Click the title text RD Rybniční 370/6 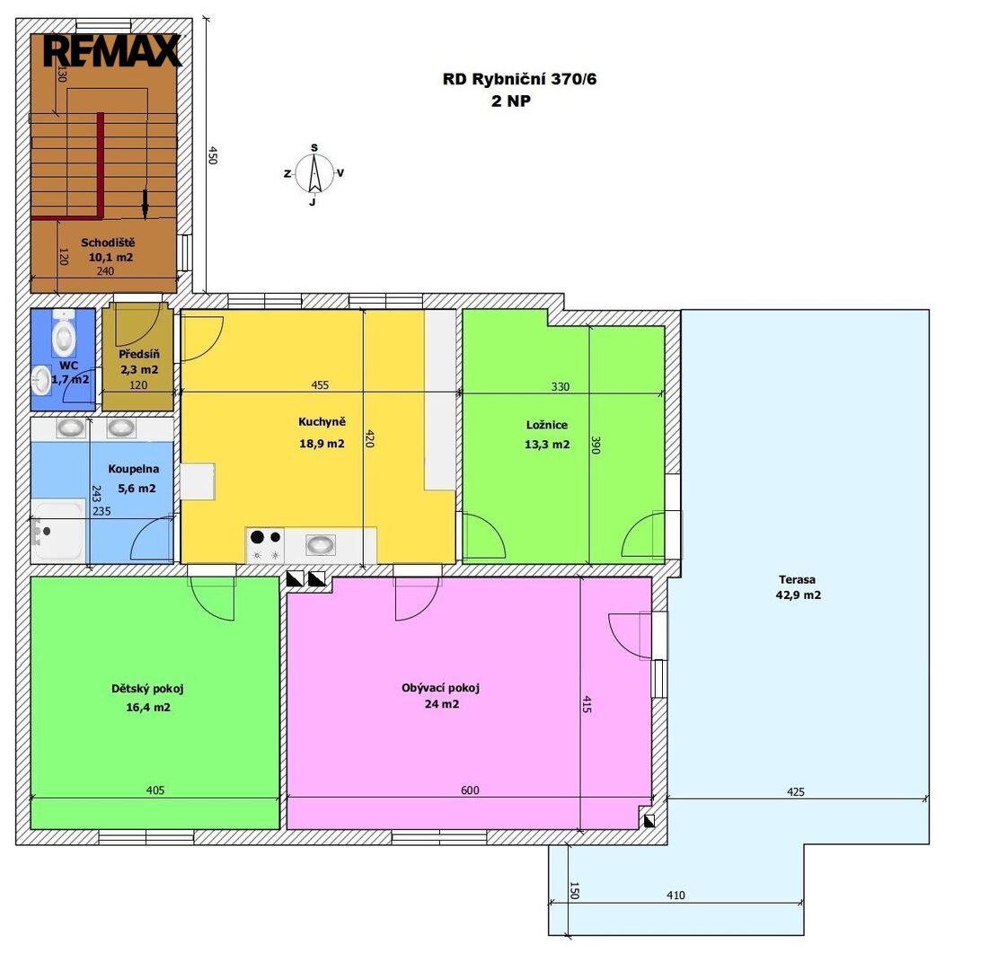pos(519,79)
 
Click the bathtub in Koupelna pos(58,530)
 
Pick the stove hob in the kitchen pos(265,545)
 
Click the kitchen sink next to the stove pos(321,544)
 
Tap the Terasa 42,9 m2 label pos(798,587)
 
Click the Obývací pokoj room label pos(441,687)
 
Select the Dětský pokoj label pos(147,688)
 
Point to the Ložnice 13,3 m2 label pos(547,435)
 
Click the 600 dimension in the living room pos(470,790)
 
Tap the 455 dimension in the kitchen pos(320,384)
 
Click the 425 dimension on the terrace pos(796,792)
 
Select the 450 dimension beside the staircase pos(213,155)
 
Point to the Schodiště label pos(108,242)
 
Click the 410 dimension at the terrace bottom pos(676,895)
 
